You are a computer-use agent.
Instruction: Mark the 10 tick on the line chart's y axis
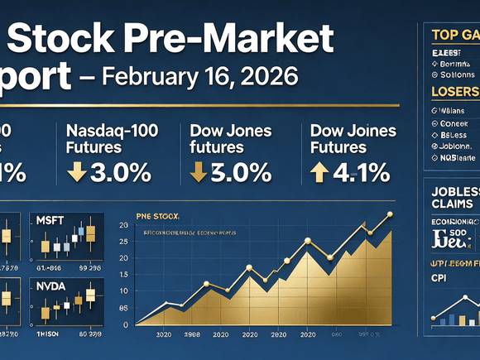coord(123,290)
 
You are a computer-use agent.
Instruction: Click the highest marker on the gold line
coord(390,214)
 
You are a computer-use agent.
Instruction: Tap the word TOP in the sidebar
coord(445,34)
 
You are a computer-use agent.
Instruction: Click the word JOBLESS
coord(454,191)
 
